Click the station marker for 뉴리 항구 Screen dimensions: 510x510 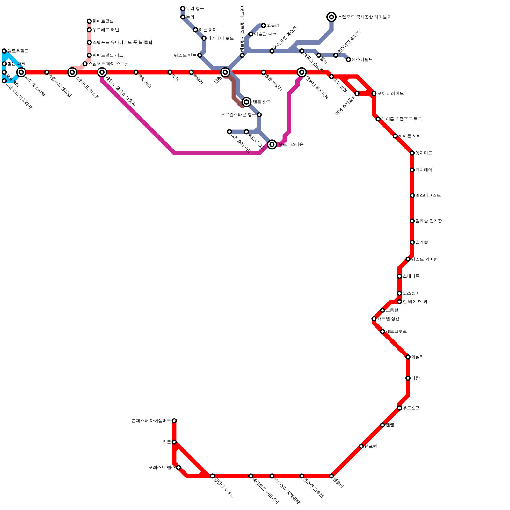coord(183,9)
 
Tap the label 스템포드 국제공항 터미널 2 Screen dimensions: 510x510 coord(364,17)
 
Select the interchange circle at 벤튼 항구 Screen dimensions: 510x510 coord(246,102)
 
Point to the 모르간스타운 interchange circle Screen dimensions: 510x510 coord(272,144)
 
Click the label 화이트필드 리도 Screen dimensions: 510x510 coord(108,55)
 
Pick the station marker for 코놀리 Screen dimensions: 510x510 coord(264,25)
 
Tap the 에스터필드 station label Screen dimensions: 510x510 coord(362,60)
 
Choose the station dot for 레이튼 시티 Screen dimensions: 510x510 coord(395,136)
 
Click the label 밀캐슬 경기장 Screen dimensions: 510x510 coord(428,221)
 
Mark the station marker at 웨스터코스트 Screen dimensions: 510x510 coord(412,196)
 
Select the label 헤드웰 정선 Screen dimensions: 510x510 coord(388,319)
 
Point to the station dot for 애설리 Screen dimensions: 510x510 coord(408,357)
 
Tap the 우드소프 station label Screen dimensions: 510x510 coord(411,408)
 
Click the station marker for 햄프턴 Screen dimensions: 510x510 coord(361,446)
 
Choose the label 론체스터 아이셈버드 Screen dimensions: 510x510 coord(151,421)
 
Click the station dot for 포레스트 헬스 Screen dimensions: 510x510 coord(178,468)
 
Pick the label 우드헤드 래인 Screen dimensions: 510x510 coord(106,30)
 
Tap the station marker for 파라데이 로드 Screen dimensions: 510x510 coord(204,38)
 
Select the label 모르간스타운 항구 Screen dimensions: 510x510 coord(238,115)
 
